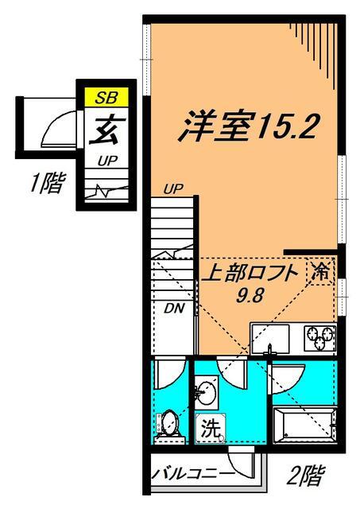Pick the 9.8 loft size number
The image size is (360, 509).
coord(248,292)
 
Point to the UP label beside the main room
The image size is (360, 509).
coord(173,188)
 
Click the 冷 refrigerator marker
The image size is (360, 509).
coord(321,270)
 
